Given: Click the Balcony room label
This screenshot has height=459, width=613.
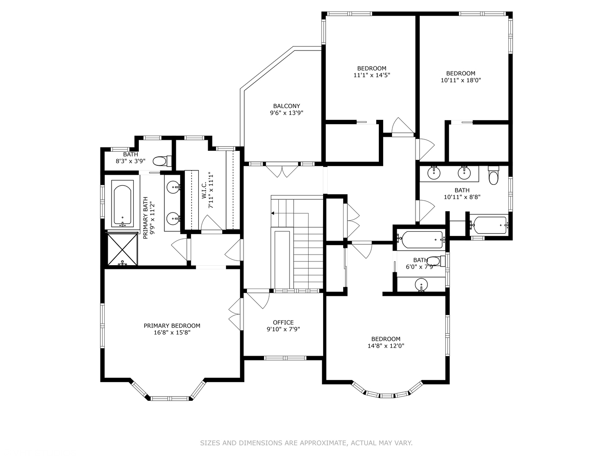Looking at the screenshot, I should click(x=286, y=106).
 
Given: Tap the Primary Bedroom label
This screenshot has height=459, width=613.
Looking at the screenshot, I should click(x=172, y=326).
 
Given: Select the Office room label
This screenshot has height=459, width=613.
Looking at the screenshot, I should click(x=283, y=323).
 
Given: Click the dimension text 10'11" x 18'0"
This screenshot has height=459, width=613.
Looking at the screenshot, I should click(x=461, y=80).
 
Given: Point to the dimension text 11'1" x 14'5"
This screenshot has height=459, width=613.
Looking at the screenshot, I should click(x=372, y=75).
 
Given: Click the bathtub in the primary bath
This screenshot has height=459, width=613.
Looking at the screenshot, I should click(x=123, y=204).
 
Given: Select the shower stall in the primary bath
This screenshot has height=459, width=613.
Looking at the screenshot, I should click(x=122, y=249).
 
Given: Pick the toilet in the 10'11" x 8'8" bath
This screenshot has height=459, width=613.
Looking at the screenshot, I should click(x=493, y=177).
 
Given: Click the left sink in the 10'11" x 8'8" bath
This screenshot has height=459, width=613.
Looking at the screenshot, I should click(x=434, y=173).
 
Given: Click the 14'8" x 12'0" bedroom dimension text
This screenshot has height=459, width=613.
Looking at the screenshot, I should click(x=386, y=346).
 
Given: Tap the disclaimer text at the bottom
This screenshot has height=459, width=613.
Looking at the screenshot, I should click(x=306, y=443).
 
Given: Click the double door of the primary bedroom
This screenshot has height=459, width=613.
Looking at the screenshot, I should click(x=235, y=313).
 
